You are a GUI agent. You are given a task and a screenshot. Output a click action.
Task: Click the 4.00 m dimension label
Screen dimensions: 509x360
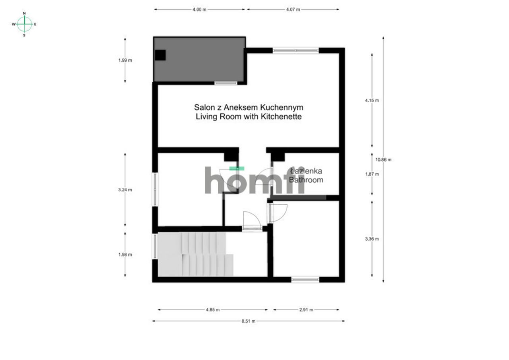point(199,10)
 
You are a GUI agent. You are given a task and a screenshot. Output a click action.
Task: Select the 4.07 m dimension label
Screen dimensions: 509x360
point(293,10)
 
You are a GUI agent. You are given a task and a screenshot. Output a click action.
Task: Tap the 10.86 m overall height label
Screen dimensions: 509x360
point(383,160)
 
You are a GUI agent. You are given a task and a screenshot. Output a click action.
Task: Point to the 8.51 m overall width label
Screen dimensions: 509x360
point(249,321)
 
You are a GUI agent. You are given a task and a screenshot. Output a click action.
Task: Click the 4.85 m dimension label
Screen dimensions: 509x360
point(213,310)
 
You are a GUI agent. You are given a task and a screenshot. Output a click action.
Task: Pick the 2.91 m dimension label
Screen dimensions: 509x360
point(306,310)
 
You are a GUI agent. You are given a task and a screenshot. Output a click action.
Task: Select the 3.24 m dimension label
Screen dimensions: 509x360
point(125,190)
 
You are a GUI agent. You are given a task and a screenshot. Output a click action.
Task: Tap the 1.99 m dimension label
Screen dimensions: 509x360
point(125,60)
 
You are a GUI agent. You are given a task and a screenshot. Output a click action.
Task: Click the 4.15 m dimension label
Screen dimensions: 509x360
point(372,101)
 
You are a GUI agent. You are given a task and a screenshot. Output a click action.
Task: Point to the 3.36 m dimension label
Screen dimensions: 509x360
point(372,239)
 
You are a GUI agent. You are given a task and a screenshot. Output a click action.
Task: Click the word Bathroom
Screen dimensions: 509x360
point(306,180)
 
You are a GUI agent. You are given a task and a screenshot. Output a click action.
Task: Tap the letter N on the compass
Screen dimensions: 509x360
point(24,14)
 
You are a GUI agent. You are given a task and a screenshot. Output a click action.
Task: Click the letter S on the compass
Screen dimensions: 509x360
point(24,35)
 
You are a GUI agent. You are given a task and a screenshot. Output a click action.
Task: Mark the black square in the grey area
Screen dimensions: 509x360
point(160,55)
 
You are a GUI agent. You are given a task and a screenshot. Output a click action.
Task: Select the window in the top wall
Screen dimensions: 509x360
point(295,51)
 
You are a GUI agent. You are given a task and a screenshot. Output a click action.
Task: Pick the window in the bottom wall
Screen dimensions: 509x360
point(305,280)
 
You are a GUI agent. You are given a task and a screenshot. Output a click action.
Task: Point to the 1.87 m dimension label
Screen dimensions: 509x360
point(372,174)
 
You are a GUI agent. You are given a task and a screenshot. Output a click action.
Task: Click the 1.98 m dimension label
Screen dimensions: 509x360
point(125,255)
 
